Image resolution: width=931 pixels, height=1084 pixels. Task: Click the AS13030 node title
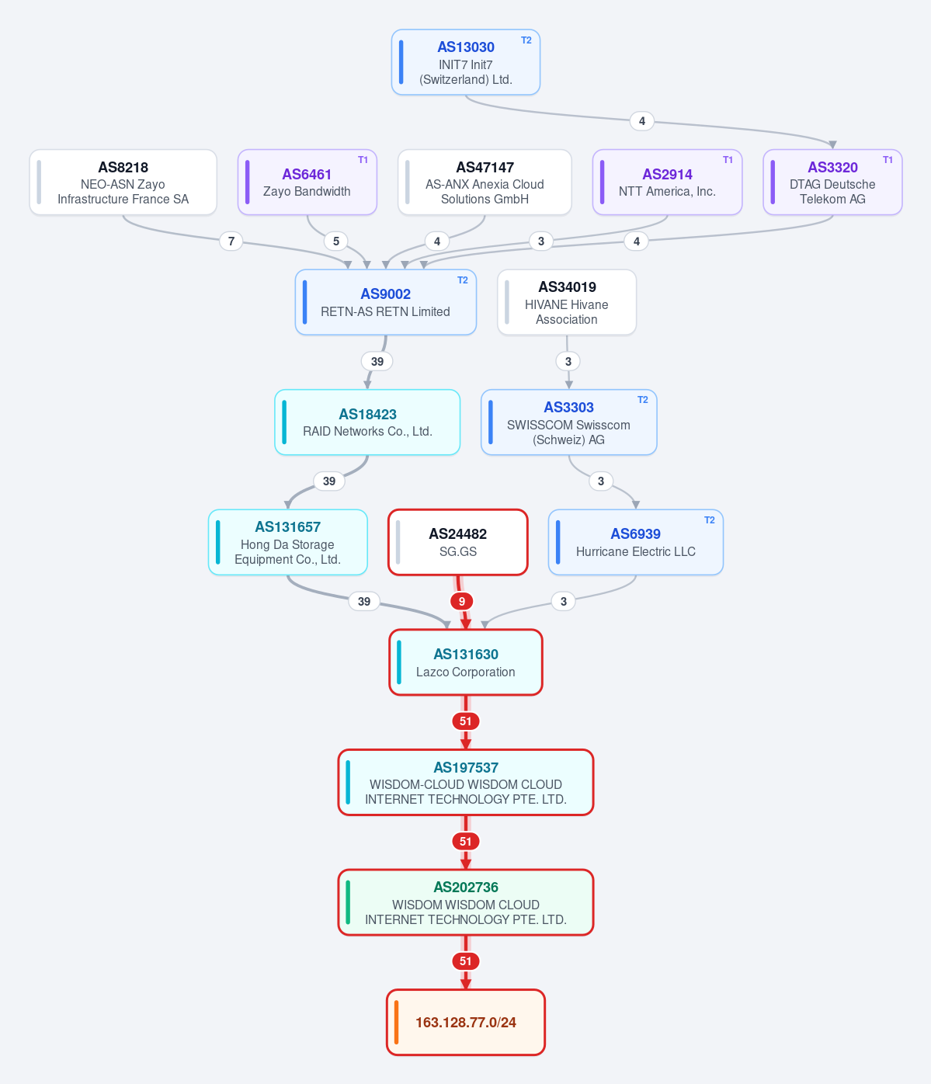pos(465,47)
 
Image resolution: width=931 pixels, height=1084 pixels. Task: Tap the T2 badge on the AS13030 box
pos(526,40)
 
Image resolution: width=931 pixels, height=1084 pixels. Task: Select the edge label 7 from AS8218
pos(231,241)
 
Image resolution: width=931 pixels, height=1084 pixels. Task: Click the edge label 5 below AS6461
pos(336,241)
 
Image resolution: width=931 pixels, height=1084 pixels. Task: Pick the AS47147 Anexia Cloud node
pos(485,182)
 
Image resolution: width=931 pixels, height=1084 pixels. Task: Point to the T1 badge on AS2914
pos(728,160)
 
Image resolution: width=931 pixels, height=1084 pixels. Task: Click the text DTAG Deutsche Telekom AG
pos(832,192)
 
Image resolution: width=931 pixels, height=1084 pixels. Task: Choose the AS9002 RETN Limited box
pos(385,302)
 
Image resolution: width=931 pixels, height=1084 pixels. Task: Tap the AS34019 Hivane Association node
pos(567,302)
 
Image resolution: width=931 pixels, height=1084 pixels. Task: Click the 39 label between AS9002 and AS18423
pos(377,361)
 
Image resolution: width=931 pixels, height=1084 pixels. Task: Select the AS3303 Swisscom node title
pos(568,408)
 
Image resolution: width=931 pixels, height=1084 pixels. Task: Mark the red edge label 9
pos(461,602)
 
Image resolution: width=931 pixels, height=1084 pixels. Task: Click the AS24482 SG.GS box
pos(458,542)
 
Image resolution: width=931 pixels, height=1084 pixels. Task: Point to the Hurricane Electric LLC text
pos(636,551)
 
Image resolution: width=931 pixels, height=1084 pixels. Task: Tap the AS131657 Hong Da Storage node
pos(287,542)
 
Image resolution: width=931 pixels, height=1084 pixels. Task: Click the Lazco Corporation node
pos(466,662)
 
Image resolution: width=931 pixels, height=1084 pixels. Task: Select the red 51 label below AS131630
pos(466,721)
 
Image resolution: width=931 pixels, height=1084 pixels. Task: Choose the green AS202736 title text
pos(466,888)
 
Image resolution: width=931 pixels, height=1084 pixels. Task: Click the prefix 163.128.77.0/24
pos(466,1023)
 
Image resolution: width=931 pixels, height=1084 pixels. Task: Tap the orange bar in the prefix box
pos(397,1023)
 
